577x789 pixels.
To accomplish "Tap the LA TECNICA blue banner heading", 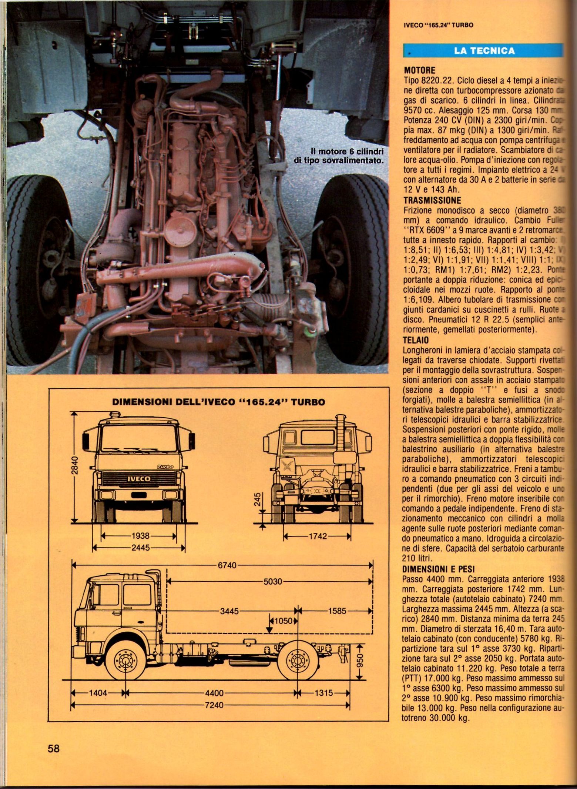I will tap(484, 51).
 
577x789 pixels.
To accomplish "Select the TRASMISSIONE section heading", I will tap(432, 200).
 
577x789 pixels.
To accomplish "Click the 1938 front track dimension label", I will tap(140, 536).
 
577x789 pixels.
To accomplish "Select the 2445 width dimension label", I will tap(140, 548).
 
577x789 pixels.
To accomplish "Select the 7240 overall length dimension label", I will tap(214, 705).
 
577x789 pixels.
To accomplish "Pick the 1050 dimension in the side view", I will tap(284, 621).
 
